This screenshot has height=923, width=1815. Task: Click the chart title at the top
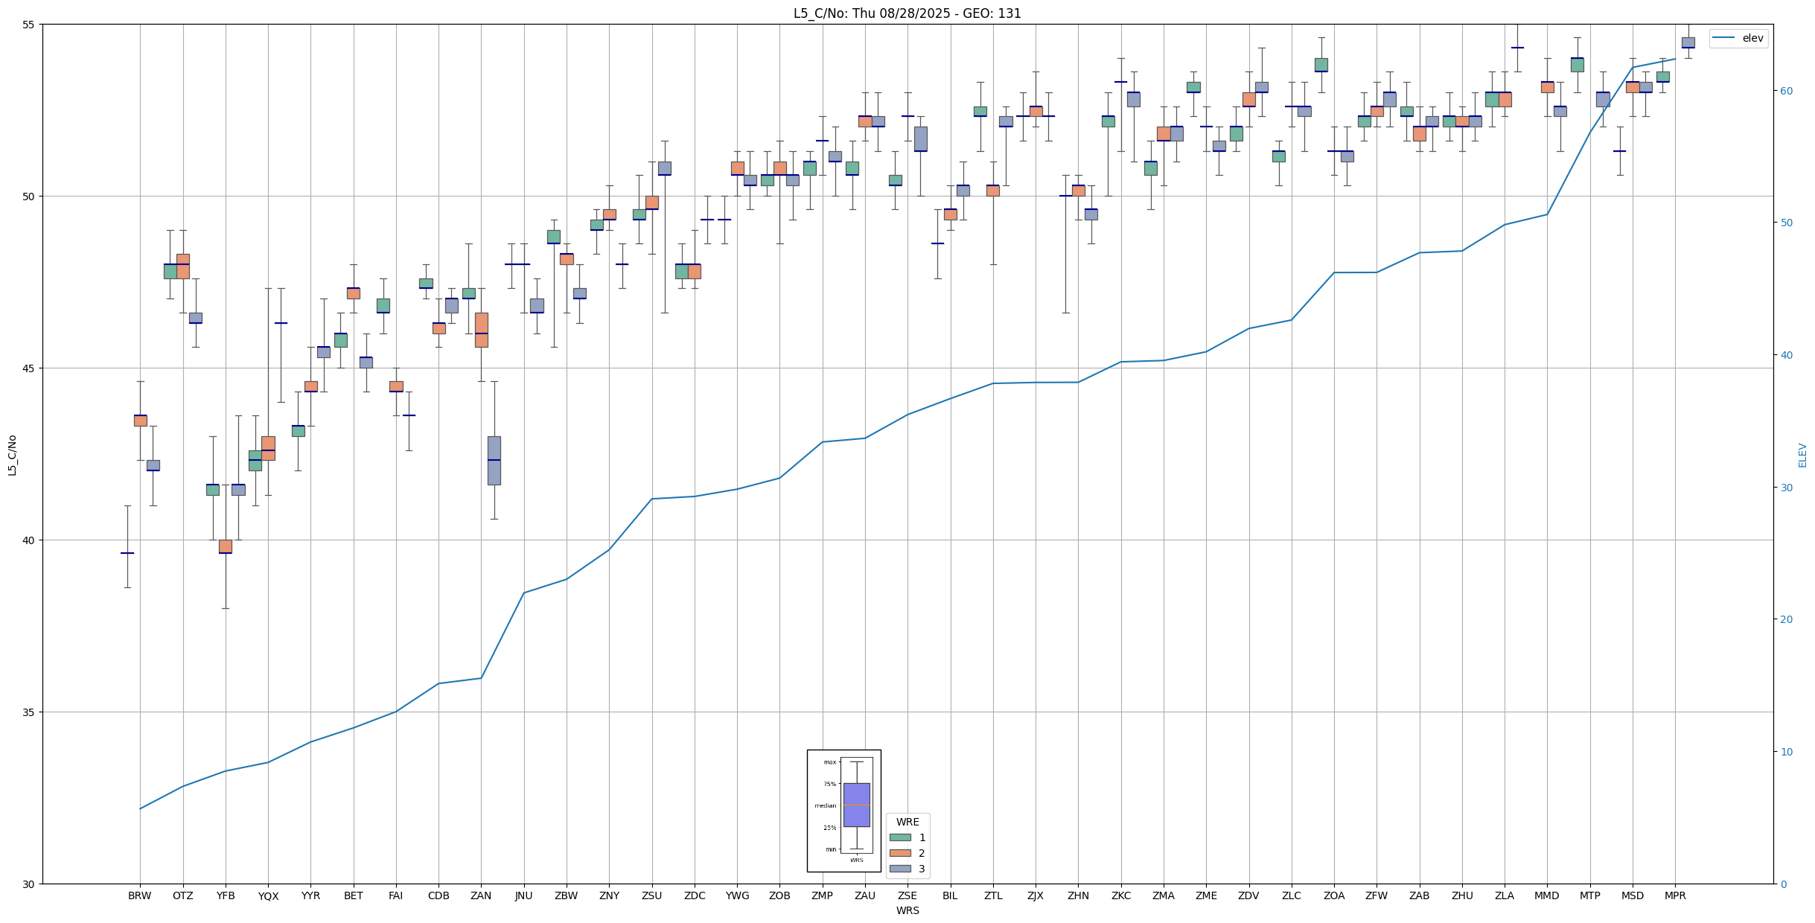907,13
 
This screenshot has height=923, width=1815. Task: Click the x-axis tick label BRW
140,896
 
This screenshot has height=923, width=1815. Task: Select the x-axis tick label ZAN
481,896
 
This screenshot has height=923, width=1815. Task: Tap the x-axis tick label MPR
1675,896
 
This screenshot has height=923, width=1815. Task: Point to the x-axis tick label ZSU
651,896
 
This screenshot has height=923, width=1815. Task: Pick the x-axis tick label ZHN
1078,896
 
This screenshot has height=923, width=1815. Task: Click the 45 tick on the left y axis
30,368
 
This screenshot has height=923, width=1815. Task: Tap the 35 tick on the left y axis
30,712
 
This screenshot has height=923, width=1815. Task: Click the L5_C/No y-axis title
12,455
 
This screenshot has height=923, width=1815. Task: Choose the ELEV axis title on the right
1802,455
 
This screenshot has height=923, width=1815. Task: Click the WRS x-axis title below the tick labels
907,911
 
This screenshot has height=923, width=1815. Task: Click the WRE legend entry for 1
922,838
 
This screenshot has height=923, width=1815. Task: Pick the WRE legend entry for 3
922,869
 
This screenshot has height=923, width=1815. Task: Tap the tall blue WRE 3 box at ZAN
494,460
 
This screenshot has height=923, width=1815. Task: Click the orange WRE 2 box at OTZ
183,266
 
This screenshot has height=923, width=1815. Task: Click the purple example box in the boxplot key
856,805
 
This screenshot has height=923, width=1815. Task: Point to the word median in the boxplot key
825,805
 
